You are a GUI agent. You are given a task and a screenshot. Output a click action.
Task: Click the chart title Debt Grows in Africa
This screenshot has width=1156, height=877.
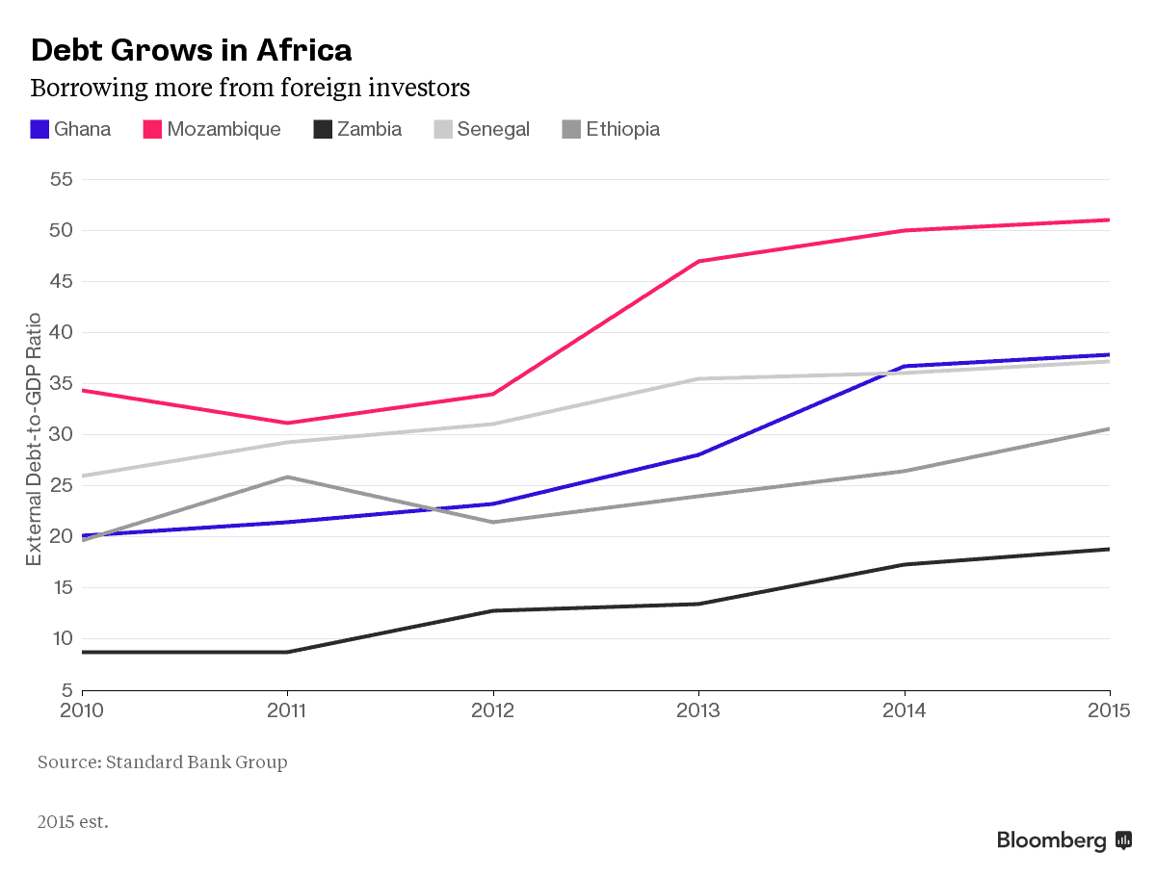click(191, 49)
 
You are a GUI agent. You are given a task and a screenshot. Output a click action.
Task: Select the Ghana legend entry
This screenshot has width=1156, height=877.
click(71, 129)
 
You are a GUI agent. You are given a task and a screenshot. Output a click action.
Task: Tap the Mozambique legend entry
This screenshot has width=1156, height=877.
click(212, 129)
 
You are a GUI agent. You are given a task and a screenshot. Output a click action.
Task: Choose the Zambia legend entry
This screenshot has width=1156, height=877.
click(357, 129)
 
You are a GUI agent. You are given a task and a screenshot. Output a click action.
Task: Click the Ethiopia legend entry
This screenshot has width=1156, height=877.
click(611, 129)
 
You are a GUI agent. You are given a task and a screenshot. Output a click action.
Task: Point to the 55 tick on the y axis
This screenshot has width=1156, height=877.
click(62, 180)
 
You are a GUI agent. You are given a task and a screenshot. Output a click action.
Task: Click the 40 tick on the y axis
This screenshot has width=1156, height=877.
click(62, 333)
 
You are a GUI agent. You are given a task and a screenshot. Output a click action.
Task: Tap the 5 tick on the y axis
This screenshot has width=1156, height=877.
click(66, 690)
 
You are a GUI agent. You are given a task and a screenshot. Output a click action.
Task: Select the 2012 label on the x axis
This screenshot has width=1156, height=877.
click(493, 710)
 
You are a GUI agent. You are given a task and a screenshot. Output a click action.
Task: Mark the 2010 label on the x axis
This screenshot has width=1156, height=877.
click(82, 710)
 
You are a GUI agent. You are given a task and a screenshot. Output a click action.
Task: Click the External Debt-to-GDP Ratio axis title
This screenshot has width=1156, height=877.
click(34, 439)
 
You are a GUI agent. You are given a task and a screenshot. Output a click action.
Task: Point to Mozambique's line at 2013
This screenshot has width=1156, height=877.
click(698, 261)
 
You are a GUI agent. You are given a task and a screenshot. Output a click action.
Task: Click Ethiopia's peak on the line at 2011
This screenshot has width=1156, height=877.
click(287, 477)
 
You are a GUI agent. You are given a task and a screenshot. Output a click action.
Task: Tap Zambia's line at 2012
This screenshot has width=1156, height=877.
click(493, 610)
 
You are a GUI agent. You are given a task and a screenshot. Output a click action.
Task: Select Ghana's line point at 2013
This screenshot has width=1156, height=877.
click(698, 454)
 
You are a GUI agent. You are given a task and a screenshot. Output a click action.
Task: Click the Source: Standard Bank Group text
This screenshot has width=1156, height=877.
click(162, 762)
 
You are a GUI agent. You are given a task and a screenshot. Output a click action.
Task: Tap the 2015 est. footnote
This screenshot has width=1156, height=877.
click(73, 822)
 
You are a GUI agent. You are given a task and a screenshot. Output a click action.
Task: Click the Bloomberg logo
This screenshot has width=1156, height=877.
click(1064, 840)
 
